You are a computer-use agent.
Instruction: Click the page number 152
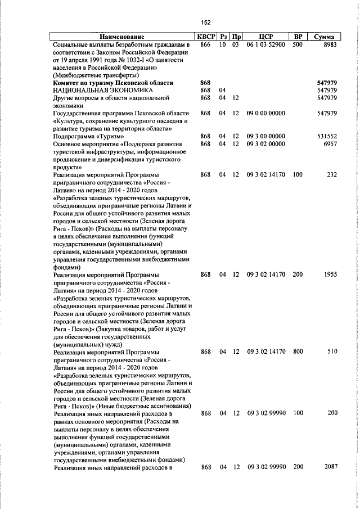click(x=206, y=22)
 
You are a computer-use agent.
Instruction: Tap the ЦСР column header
click(x=265, y=37)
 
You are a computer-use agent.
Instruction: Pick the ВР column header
click(x=298, y=37)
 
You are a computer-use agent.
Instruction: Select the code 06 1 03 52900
click(x=265, y=44)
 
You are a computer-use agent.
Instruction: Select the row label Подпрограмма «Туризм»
click(x=88, y=136)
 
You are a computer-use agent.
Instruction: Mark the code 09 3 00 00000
click(x=265, y=136)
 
